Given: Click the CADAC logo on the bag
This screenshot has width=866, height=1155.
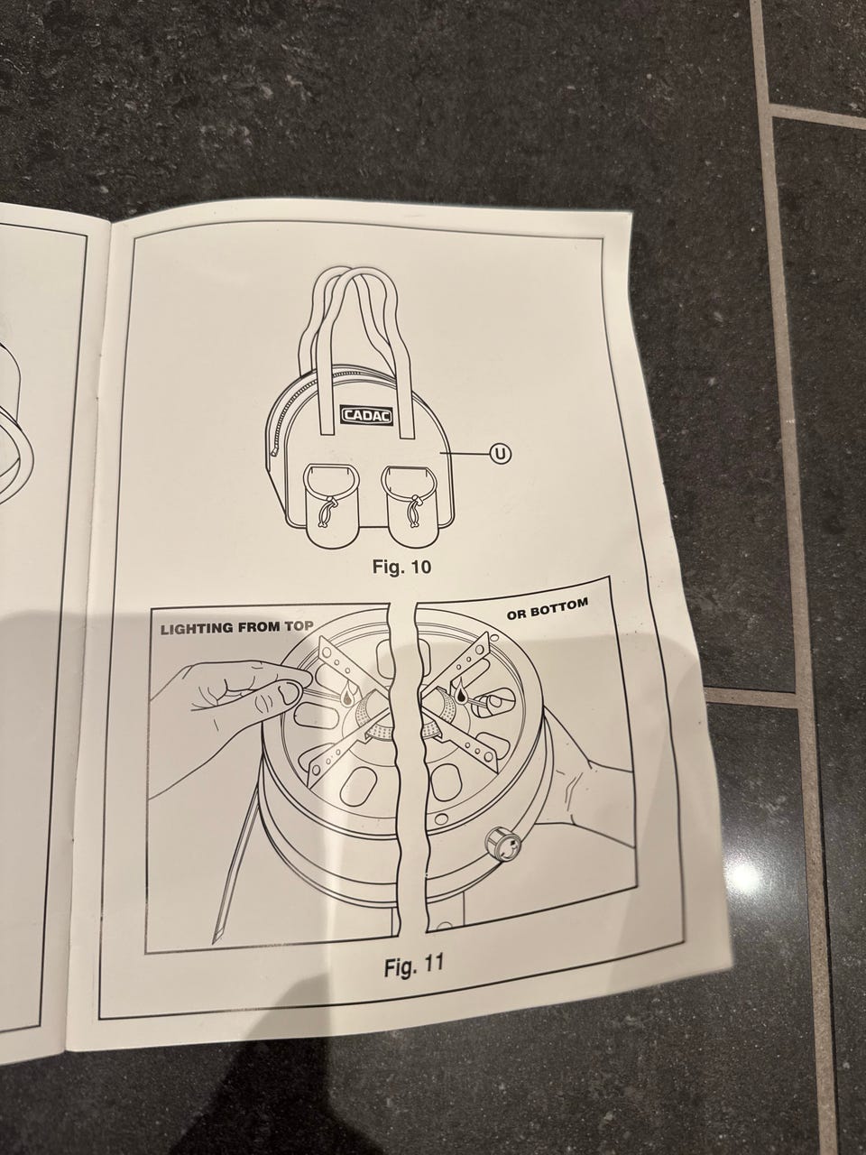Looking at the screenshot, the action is tap(368, 416).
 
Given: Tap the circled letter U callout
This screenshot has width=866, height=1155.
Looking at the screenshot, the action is tap(500, 453).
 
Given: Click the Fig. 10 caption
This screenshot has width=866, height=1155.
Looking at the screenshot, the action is tap(401, 567).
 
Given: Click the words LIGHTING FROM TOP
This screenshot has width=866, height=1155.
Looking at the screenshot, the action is tap(236, 628).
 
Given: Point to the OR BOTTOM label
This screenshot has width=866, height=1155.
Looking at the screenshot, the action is tap(548, 609).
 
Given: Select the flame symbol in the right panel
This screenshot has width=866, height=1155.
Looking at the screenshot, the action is tap(462, 691).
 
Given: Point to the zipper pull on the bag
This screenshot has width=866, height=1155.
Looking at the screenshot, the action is tap(274, 451).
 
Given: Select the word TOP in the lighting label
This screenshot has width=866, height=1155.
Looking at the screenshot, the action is tap(299, 626).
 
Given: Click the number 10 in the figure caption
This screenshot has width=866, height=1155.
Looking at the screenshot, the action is tap(419, 567).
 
